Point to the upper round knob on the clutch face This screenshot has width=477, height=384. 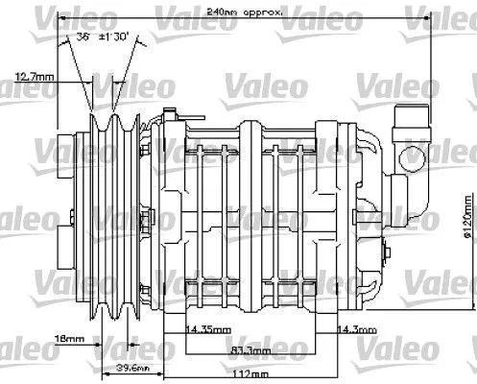point(63,152)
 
